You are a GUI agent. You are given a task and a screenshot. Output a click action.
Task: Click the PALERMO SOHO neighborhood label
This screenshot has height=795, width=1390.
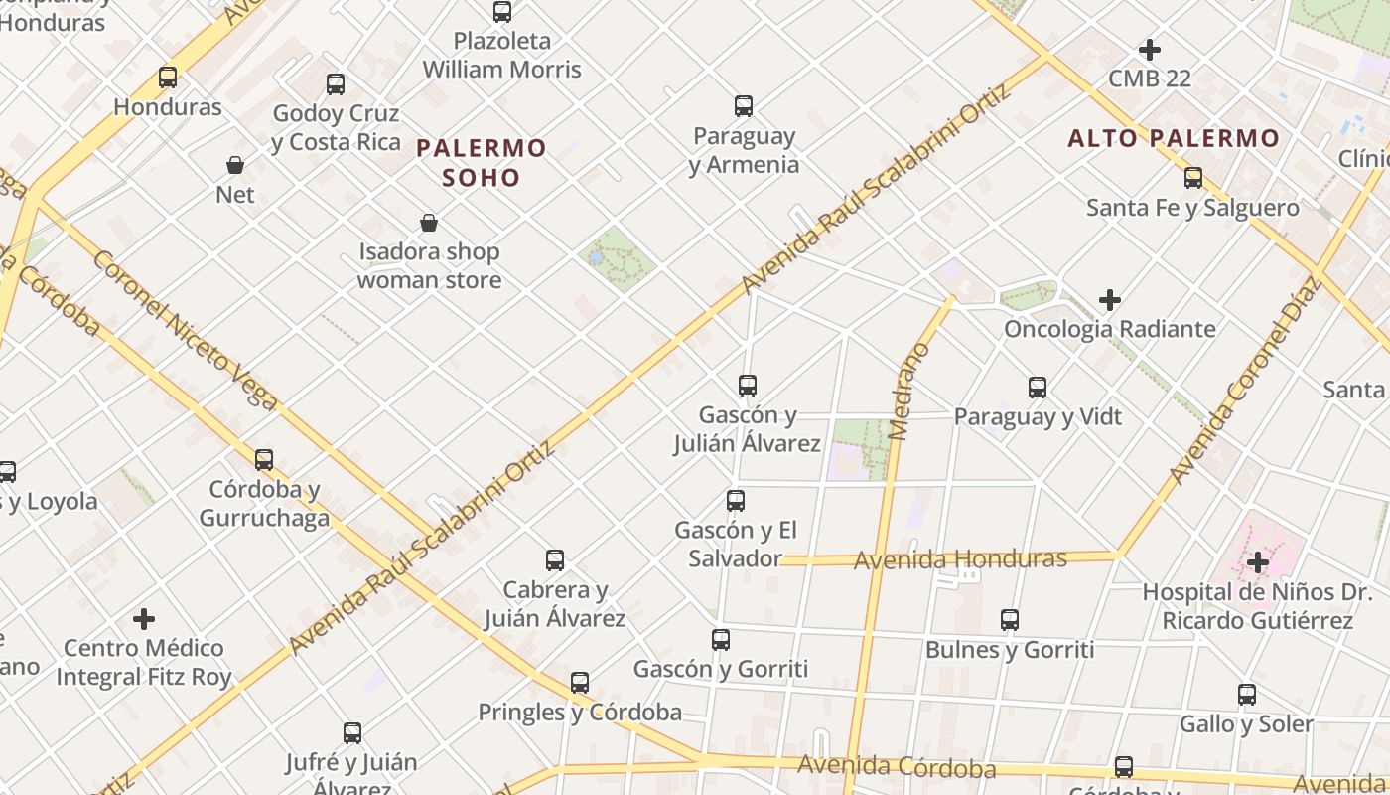click(482, 163)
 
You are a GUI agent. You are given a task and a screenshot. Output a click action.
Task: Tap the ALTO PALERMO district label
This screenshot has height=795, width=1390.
click(1174, 138)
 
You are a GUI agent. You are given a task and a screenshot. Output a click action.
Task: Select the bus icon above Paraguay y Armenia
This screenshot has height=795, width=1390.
click(744, 106)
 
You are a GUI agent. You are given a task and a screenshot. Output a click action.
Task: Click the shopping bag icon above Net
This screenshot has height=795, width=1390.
click(235, 165)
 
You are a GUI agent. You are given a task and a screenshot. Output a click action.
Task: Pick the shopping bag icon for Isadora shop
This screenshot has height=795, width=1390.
click(429, 223)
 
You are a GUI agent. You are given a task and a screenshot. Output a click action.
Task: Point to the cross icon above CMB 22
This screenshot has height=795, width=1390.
click(1150, 50)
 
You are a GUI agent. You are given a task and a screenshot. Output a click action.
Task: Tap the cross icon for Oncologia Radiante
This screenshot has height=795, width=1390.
click(1110, 300)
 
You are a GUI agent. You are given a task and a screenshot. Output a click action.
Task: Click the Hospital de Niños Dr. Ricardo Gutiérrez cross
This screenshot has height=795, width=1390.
click(1258, 563)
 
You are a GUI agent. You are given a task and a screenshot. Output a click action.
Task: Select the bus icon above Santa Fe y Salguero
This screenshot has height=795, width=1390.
click(1193, 179)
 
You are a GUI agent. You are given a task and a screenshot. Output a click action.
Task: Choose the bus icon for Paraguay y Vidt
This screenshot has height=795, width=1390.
click(1038, 388)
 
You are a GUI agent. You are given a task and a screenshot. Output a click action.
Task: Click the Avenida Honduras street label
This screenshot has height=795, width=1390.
click(960, 559)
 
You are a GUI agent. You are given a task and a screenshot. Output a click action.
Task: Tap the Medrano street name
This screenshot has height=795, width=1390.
click(909, 392)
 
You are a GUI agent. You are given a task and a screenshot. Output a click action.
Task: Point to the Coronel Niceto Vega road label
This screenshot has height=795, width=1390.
click(185, 328)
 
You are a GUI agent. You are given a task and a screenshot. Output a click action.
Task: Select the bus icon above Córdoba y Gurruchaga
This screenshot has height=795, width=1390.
click(264, 460)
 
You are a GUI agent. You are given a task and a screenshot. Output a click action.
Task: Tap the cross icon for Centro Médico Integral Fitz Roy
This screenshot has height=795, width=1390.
click(144, 619)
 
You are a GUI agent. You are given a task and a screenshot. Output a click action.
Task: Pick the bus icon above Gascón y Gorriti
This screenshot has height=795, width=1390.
click(721, 640)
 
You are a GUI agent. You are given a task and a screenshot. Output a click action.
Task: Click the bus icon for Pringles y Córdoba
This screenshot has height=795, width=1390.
click(580, 684)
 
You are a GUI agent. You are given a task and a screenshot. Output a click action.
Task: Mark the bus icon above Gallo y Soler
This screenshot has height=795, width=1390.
click(1247, 696)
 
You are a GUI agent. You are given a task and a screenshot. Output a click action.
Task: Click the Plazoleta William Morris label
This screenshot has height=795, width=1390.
click(502, 56)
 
